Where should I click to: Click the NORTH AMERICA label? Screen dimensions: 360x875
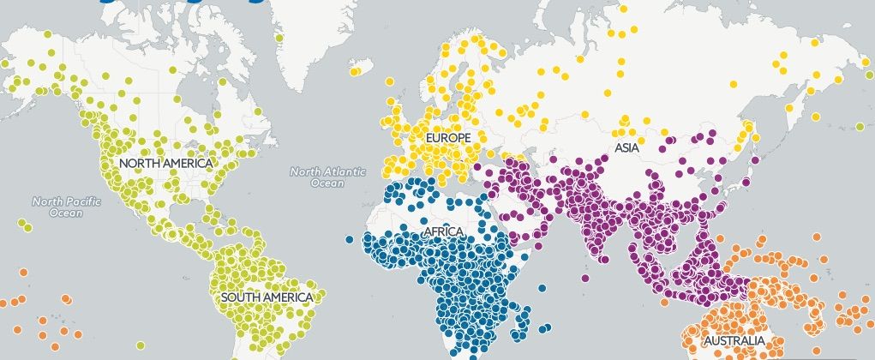tap(166, 163)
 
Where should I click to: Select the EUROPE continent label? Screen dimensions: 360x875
tap(447, 138)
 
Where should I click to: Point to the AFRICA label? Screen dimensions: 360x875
tap(443, 232)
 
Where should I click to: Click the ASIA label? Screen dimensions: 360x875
tap(627, 148)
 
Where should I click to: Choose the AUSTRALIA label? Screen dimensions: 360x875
tap(734, 341)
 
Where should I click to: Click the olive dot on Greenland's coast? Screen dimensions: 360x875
tap(279, 38)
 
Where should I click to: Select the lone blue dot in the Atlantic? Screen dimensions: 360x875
tap(350, 239)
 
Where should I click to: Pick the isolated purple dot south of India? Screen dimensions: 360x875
tap(584, 278)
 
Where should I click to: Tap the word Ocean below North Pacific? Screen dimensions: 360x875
tap(66, 213)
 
